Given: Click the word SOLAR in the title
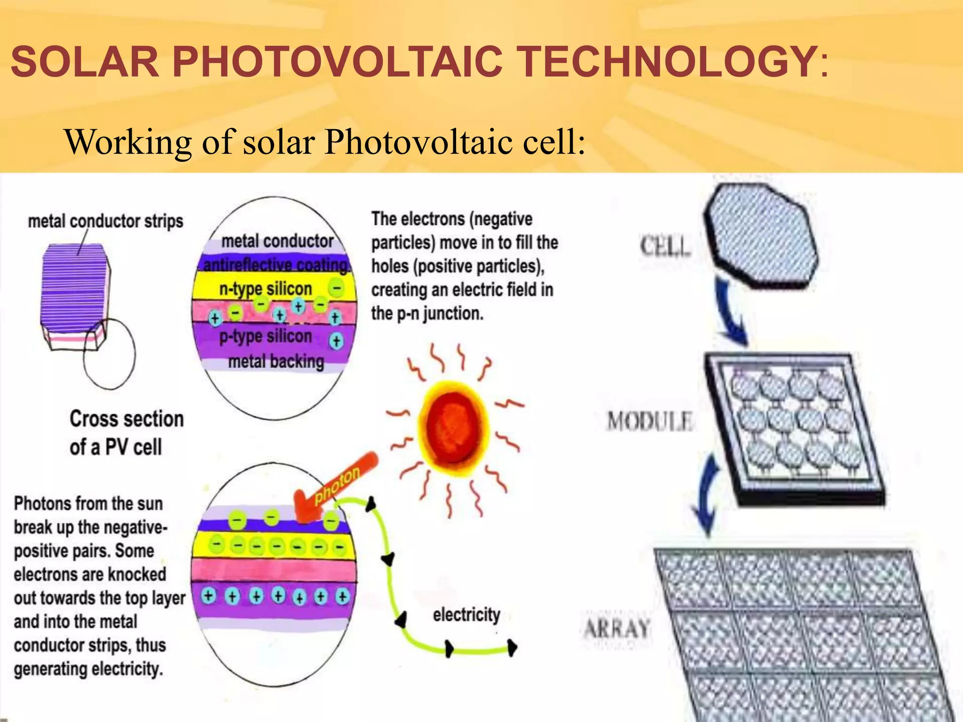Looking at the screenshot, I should [x=85, y=62].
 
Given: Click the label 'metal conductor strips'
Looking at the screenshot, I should [x=105, y=221].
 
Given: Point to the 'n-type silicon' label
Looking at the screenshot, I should [x=266, y=288].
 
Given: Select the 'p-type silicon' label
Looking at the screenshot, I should [x=266, y=337].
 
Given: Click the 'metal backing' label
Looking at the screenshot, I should [x=276, y=361].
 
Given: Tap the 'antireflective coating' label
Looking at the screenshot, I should [x=276, y=265].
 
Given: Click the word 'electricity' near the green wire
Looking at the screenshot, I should [x=466, y=614].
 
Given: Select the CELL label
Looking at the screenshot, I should [x=665, y=246].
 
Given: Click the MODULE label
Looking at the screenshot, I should [x=650, y=421].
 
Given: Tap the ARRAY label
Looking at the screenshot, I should [x=617, y=628].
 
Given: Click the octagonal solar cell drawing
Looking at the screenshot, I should [x=762, y=235].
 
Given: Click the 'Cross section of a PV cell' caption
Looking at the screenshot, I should [x=126, y=432].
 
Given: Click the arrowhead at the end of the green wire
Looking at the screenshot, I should [x=513, y=648].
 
